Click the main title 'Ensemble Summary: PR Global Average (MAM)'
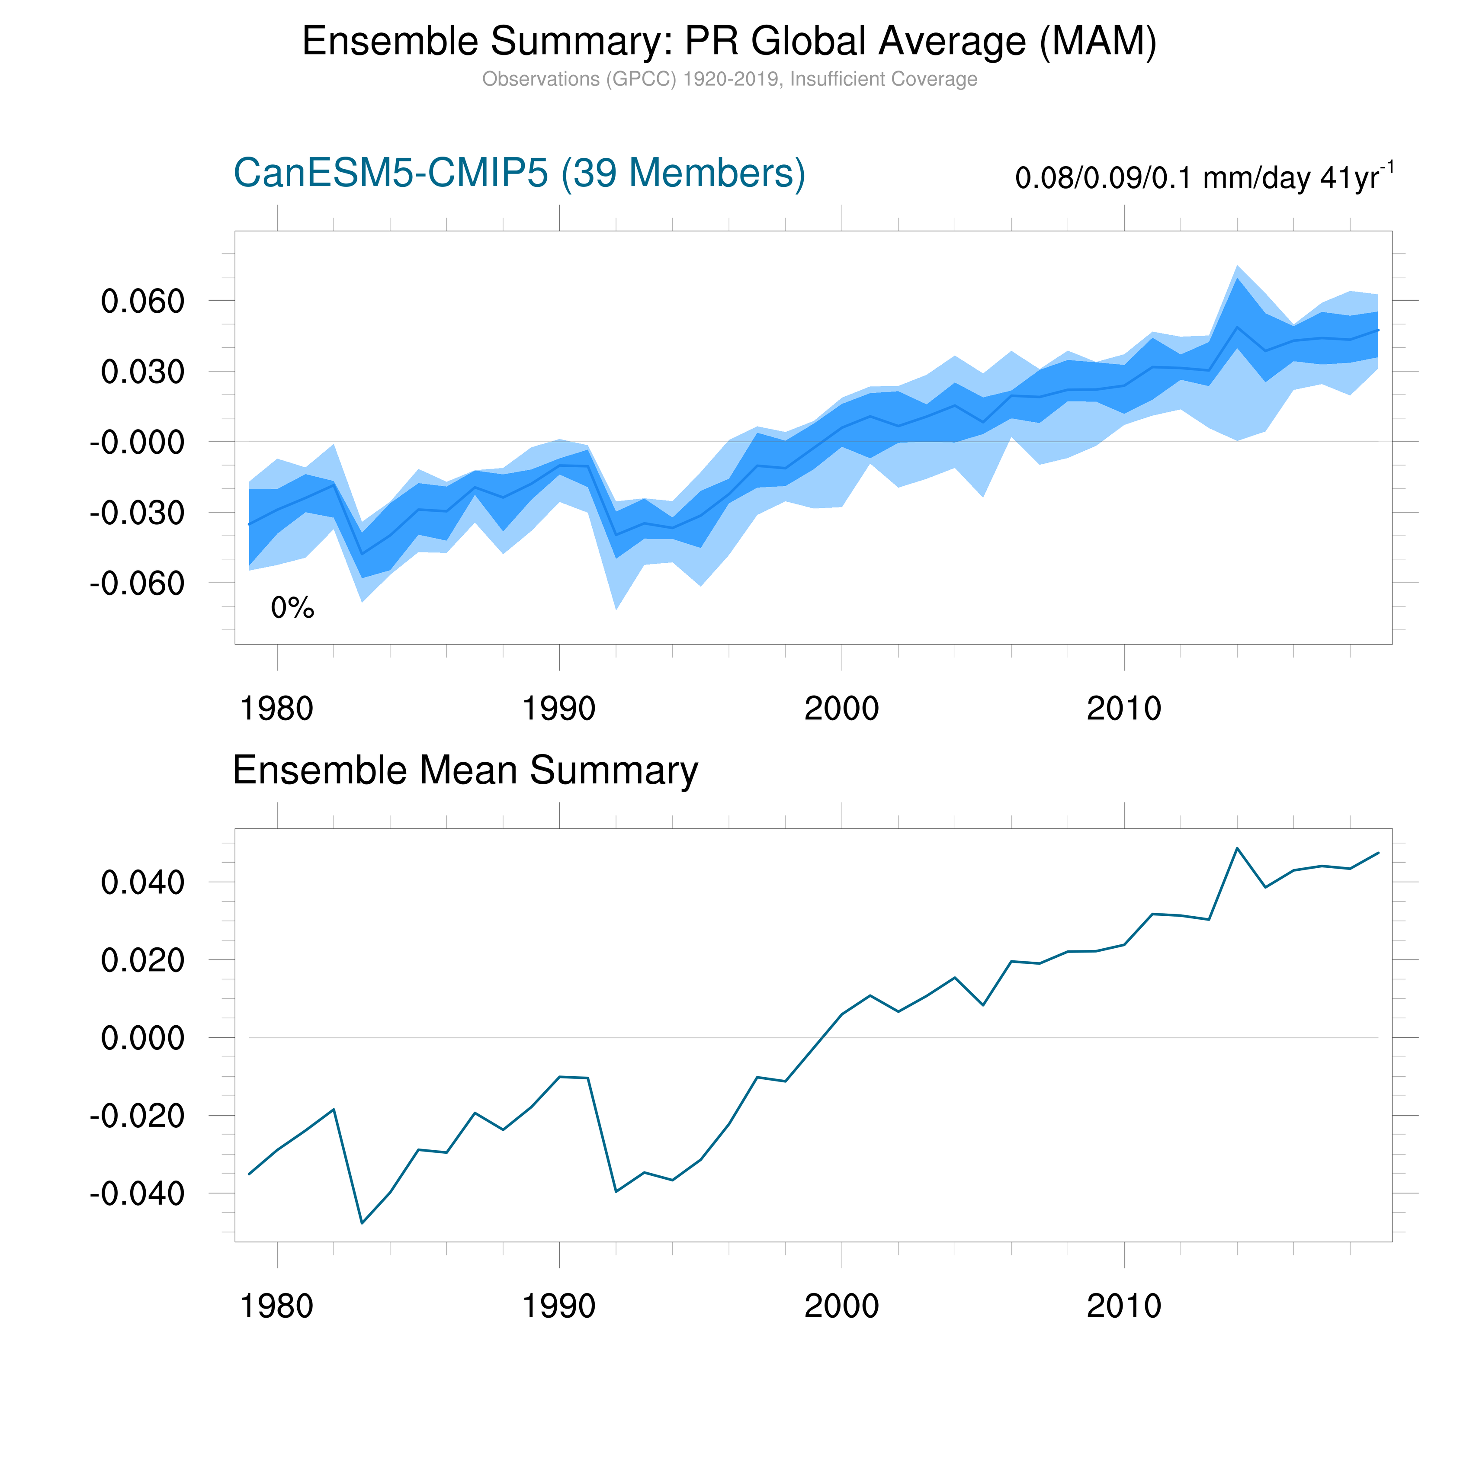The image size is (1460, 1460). pyautogui.click(x=729, y=42)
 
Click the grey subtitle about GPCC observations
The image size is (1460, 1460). pyautogui.click(x=729, y=79)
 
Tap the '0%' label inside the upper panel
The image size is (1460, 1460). pyautogui.click(x=292, y=608)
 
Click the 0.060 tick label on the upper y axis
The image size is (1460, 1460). pyautogui.click(x=143, y=302)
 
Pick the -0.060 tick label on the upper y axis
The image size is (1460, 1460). pyautogui.click(x=137, y=584)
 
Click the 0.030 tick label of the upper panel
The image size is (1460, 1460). pyautogui.click(x=143, y=372)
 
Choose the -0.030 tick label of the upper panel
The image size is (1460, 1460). pyautogui.click(x=137, y=513)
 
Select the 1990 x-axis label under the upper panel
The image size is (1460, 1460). pyautogui.click(x=559, y=709)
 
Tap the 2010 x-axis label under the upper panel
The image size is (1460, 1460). pyautogui.click(x=1124, y=709)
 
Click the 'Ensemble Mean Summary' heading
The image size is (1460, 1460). pyautogui.click(x=465, y=771)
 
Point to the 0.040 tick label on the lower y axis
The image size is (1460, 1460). pyautogui.click(x=143, y=882)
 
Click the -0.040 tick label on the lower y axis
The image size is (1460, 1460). pyautogui.click(x=137, y=1194)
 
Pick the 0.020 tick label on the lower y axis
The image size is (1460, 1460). pyautogui.click(x=143, y=960)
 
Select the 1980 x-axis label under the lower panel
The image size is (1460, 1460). pyautogui.click(x=276, y=1306)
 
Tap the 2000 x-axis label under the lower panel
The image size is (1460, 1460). pyautogui.click(x=841, y=1306)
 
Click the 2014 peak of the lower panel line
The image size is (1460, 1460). pyautogui.click(x=1237, y=848)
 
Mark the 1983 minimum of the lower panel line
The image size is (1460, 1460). pyautogui.click(x=362, y=1223)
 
